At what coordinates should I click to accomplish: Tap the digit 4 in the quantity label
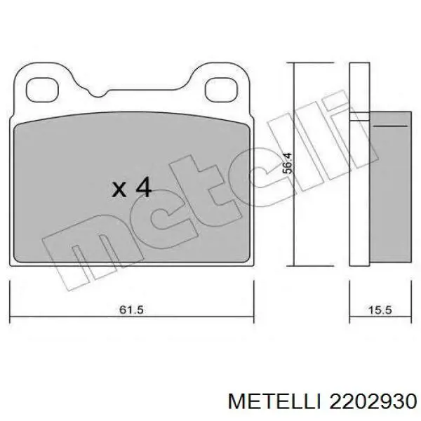[x=142, y=187]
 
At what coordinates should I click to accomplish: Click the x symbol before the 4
[x=119, y=189]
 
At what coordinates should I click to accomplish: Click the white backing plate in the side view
[x=359, y=168]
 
